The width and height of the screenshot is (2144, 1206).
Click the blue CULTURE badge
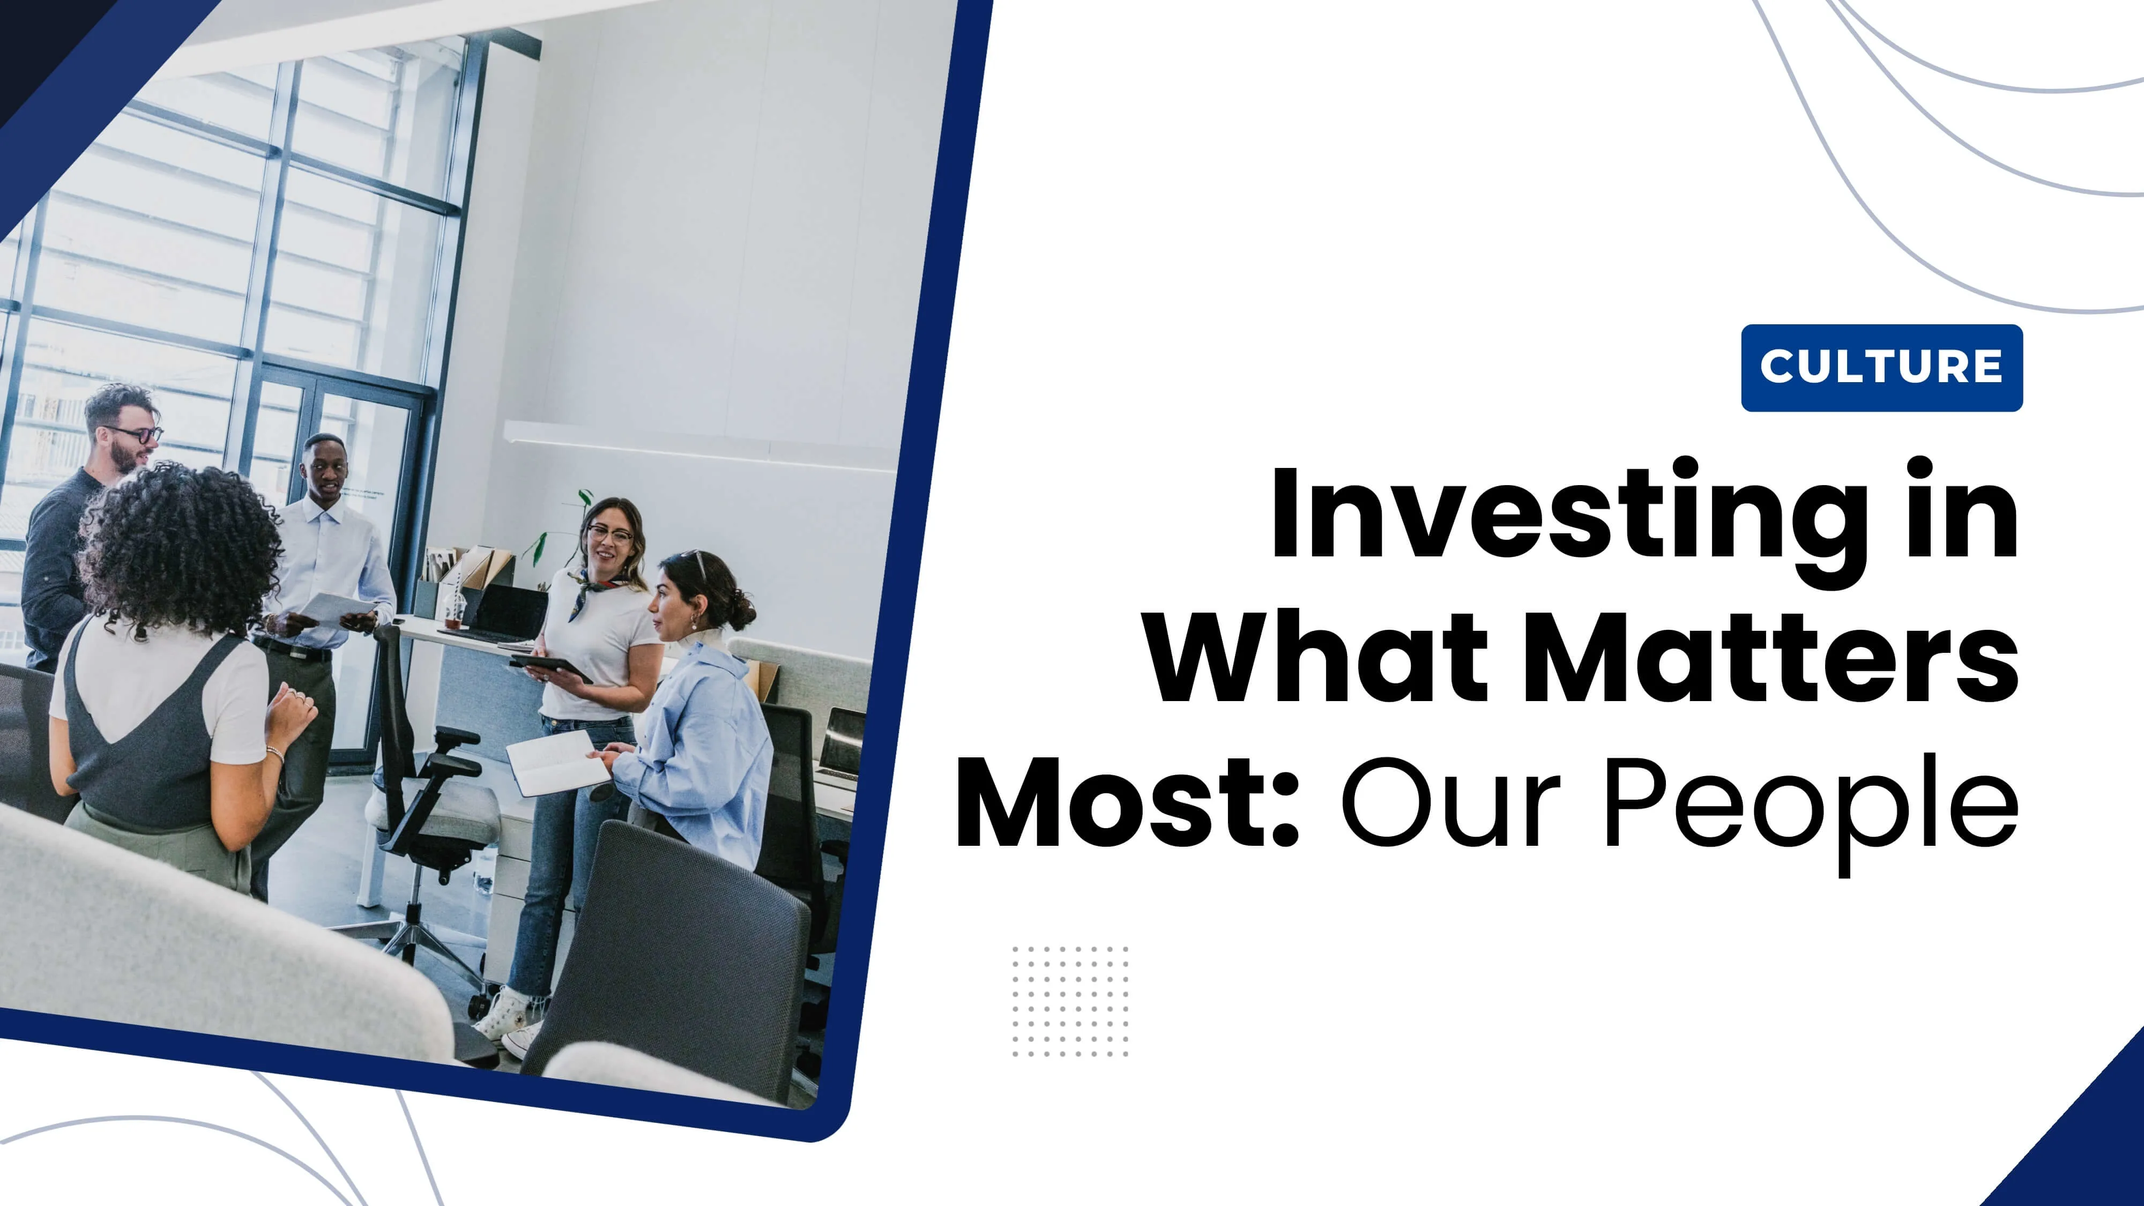1882,368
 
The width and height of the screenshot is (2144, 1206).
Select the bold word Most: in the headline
1128,802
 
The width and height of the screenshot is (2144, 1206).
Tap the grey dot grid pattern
1070,1001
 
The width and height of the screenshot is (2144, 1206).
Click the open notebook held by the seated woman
557,762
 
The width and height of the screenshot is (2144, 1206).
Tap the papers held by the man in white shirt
337,609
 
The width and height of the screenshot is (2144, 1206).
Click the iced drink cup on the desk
453,610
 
